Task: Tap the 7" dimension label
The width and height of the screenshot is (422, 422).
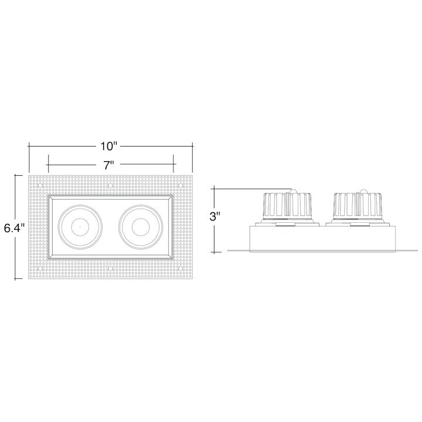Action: pos(108,165)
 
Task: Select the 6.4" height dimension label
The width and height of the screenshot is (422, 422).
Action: pos(13,228)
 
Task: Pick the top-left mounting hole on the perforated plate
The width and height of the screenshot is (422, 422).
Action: pos(40,186)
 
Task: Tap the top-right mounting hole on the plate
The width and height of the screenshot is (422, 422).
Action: pos(181,186)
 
